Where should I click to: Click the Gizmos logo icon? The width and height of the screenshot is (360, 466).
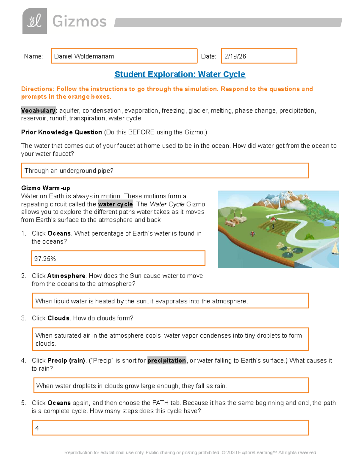(x=34, y=21)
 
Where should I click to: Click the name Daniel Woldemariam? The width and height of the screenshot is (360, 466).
(x=84, y=56)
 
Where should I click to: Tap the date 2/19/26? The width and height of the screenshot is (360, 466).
(x=235, y=56)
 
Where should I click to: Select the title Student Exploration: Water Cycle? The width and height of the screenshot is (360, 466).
(x=180, y=74)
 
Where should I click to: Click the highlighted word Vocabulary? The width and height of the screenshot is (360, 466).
(x=38, y=110)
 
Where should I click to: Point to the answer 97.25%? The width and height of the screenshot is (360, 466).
(x=45, y=259)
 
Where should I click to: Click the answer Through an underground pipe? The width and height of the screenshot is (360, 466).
(x=69, y=171)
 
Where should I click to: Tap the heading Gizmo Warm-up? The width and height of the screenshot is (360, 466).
(x=46, y=188)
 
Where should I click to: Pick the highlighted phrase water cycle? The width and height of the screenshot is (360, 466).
(x=115, y=204)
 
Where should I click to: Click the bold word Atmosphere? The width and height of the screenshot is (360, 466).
(x=66, y=276)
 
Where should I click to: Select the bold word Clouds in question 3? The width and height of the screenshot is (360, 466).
(x=58, y=318)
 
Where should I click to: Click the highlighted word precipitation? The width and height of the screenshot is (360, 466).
(x=166, y=360)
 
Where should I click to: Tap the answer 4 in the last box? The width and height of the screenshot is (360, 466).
(x=37, y=428)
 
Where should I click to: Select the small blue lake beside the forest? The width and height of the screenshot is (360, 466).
(x=327, y=222)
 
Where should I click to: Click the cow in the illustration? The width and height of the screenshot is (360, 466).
(x=252, y=233)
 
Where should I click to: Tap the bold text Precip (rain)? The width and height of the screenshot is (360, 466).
(x=66, y=360)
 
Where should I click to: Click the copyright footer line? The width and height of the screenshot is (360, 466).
(x=190, y=452)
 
